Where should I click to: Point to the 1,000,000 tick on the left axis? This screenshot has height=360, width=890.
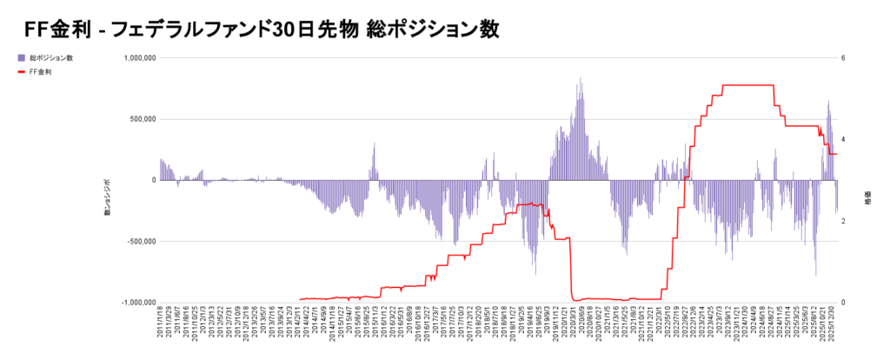(135, 58)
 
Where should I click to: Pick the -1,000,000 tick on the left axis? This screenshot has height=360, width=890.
(135, 303)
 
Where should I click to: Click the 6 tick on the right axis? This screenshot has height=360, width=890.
(854, 58)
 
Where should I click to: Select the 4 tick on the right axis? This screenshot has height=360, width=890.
(854, 139)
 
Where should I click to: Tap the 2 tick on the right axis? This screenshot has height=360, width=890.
(854, 221)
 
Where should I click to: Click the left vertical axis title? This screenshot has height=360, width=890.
(107, 199)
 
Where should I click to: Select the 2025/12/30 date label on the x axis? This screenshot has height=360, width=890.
(834, 324)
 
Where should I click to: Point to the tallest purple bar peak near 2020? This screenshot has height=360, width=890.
(580, 78)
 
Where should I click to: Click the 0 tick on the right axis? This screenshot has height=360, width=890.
(854, 303)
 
